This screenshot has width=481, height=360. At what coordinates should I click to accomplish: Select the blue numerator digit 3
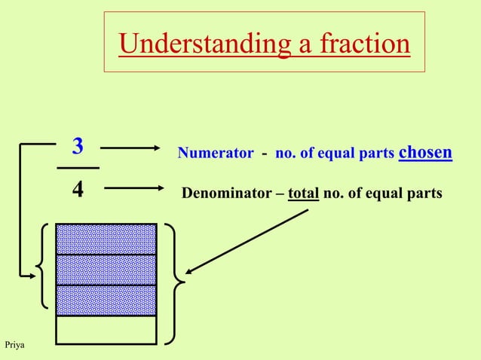(x=78, y=145)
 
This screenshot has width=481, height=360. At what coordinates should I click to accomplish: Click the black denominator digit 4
(x=78, y=188)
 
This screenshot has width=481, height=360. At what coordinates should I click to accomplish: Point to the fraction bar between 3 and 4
(x=78, y=167)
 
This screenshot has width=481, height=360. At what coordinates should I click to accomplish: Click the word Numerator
(x=216, y=154)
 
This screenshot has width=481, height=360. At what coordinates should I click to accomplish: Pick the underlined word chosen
(x=424, y=152)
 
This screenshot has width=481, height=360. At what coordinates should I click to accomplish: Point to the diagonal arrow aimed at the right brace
(x=249, y=241)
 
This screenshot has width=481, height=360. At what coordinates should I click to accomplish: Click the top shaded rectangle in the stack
(x=106, y=239)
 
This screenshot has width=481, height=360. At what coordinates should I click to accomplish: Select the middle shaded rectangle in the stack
(x=106, y=270)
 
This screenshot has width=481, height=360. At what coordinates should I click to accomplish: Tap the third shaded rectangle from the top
(x=106, y=300)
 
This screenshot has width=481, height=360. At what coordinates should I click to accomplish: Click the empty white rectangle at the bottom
(x=106, y=329)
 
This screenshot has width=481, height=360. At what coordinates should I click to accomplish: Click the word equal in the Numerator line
(x=343, y=154)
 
